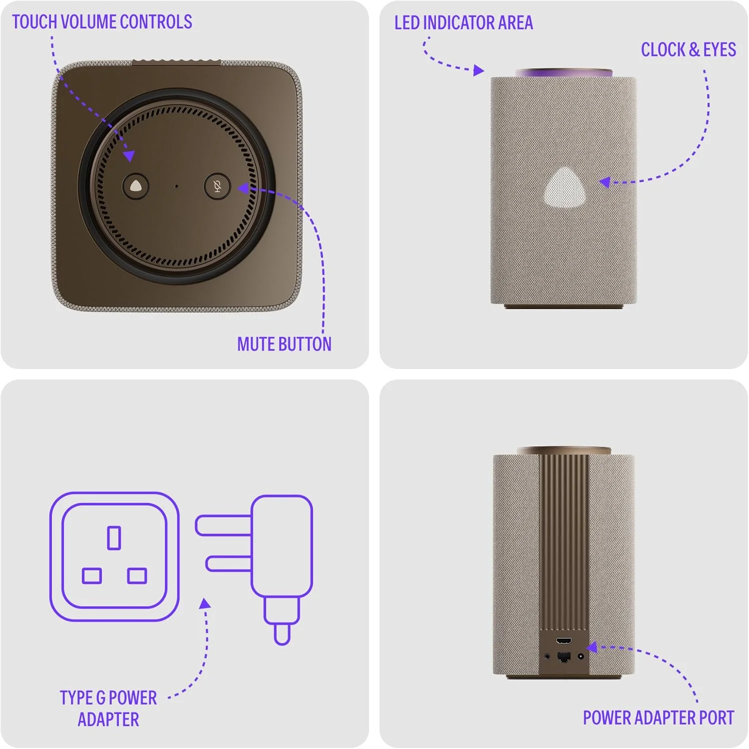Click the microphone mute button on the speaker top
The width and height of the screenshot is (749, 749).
click(x=217, y=187)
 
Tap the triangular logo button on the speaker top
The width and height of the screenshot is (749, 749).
click(x=136, y=186)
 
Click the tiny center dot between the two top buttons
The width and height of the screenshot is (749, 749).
click(x=176, y=186)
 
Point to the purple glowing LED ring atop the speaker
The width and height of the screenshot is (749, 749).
click(x=564, y=73)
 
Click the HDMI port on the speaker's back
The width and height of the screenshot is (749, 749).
click(x=564, y=641)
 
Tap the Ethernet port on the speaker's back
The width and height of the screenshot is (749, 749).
click(x=564, y=656)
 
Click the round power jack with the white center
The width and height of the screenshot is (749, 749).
click(x=580, y=656)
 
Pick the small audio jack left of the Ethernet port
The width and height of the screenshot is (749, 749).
click(x=548, y=657)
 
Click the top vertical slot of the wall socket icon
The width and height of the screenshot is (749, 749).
click(x=114, y=538)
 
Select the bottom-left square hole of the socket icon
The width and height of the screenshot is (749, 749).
click(x=92, y=576)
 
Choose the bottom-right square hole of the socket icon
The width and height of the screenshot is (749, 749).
click(x=137, y=576)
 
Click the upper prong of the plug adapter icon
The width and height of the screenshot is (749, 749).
click(x=223, y=525)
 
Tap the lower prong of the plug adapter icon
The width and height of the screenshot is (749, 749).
click(x=229, y=564)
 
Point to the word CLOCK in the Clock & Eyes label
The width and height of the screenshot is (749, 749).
click(x=663, y=49)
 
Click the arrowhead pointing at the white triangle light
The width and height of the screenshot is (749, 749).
click(x=605, y=182)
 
